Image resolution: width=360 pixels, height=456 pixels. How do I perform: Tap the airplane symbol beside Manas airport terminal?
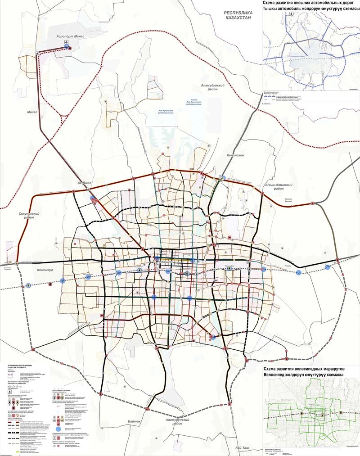pos(67,46)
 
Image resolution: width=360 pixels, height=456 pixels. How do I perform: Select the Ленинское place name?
pos(235,155)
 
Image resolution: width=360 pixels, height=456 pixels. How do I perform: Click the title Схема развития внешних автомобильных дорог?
pos(311,3)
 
